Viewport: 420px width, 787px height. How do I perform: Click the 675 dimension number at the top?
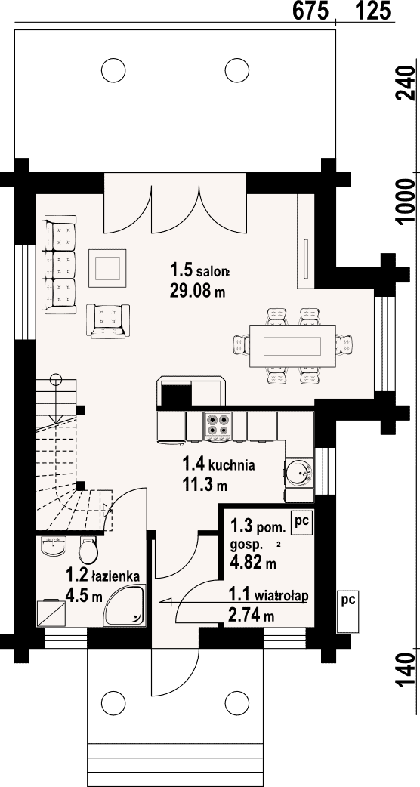point(310,11)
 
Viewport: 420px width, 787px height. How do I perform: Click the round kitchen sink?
point(299,472)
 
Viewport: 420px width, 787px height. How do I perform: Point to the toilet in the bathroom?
point(88,551)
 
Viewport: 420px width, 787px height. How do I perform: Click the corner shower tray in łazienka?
point(125,605)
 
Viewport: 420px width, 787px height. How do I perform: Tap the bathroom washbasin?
point(53,545)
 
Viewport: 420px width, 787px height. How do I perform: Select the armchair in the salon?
point(108,321)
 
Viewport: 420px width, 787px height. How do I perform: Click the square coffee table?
point(108,267)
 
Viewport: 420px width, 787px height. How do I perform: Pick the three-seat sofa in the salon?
point(60,264)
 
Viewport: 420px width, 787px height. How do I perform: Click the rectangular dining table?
point(292,347)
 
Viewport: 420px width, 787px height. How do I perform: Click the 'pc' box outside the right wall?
point(347,611)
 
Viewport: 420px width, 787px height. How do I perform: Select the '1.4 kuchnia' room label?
point(218,464)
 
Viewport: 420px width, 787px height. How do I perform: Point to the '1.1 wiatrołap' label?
point(268,596)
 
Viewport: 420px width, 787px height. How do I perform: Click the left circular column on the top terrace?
point(113,70)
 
